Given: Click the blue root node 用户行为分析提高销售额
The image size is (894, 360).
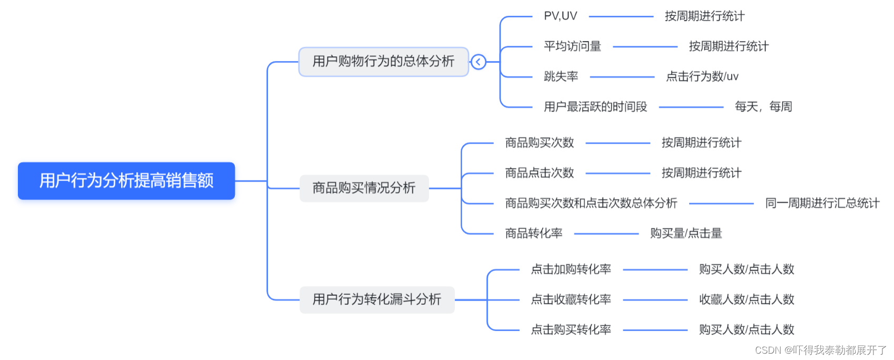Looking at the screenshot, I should point(126,181).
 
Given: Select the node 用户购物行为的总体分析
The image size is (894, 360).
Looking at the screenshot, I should point(383,62).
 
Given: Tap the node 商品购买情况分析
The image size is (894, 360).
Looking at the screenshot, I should point(364,188).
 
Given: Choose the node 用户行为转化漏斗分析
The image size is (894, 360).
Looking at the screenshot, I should point(376,299).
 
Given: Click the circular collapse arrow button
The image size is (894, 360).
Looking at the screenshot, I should point(478,62).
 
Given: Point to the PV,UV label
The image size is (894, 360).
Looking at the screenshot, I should point(560,16).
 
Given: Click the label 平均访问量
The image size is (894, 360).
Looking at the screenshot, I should point(572,46).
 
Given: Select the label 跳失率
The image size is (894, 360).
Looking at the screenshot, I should point(561,77).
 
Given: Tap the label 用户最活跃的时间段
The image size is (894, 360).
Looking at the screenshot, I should point(595,107).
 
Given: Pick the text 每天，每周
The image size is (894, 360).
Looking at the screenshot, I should point(763,107).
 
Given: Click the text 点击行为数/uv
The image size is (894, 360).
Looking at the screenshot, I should point(702,77).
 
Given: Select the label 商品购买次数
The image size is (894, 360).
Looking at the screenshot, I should point(539,143).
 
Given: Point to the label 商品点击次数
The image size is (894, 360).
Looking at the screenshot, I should point(539,173).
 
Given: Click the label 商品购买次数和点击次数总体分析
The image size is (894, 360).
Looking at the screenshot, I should point(591,203).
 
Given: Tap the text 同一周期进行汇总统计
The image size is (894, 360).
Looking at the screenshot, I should point(822,203).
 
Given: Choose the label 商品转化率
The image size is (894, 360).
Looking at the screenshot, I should point(533,233).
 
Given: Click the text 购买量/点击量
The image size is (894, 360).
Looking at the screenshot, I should point(686,233).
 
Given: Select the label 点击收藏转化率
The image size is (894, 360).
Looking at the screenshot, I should point(571,299).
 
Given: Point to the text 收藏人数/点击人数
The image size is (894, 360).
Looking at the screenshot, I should point(746,299).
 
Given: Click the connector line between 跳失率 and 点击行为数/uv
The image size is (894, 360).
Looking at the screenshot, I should point(622,77).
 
